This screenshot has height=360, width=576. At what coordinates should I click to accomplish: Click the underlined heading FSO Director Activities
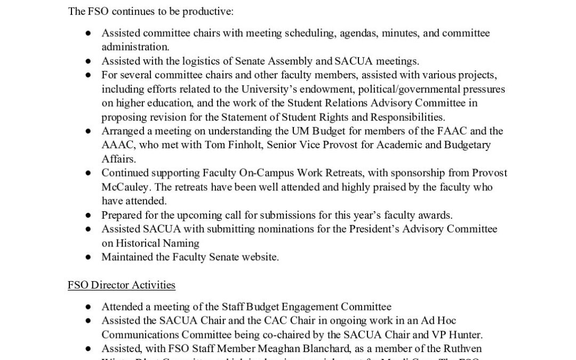[121, 285]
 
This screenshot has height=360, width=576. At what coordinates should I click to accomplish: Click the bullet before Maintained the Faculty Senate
[88, 257]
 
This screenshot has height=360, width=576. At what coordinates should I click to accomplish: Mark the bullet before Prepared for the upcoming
[88, 215]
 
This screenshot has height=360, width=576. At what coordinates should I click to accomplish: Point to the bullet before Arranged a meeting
[88, 131]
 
